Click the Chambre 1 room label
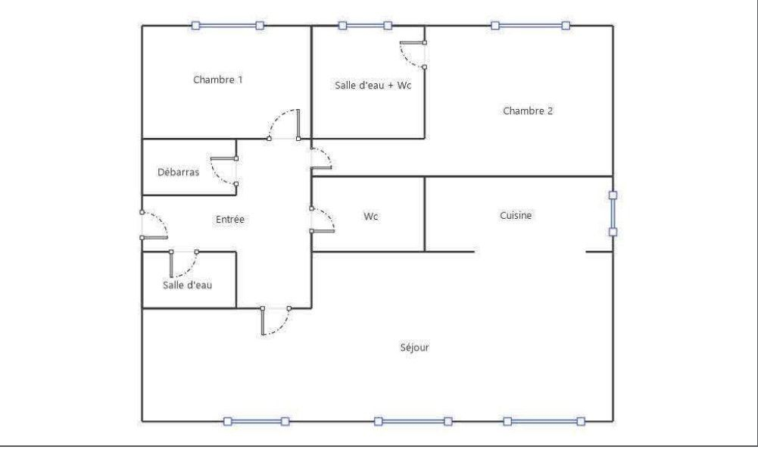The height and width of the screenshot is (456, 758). pos(218,80)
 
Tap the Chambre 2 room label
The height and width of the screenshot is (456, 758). pos(528,111)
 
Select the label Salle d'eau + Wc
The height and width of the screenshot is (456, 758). pos(373,86)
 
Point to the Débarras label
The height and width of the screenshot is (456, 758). pos(179,172)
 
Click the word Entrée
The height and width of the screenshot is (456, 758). pos(230,219)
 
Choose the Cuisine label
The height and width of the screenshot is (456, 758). pos(516,216)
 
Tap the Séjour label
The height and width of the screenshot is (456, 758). pos(415,348)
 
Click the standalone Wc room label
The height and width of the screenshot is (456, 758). pos(371,217)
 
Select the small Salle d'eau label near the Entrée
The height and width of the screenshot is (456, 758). pos(187,285)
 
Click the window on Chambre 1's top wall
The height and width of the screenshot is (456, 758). pos(227,25)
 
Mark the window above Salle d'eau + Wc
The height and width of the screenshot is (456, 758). pos(365,25)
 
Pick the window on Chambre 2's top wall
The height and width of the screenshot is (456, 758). pos(530,25)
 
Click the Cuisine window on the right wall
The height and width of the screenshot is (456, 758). pos(613,213)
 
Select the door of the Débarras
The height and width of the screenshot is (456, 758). pos(225,171)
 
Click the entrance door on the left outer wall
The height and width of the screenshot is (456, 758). pos(153,226)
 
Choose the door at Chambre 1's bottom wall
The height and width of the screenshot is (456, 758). pos(285,125)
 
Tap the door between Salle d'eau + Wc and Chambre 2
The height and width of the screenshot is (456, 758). pos(413,54)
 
